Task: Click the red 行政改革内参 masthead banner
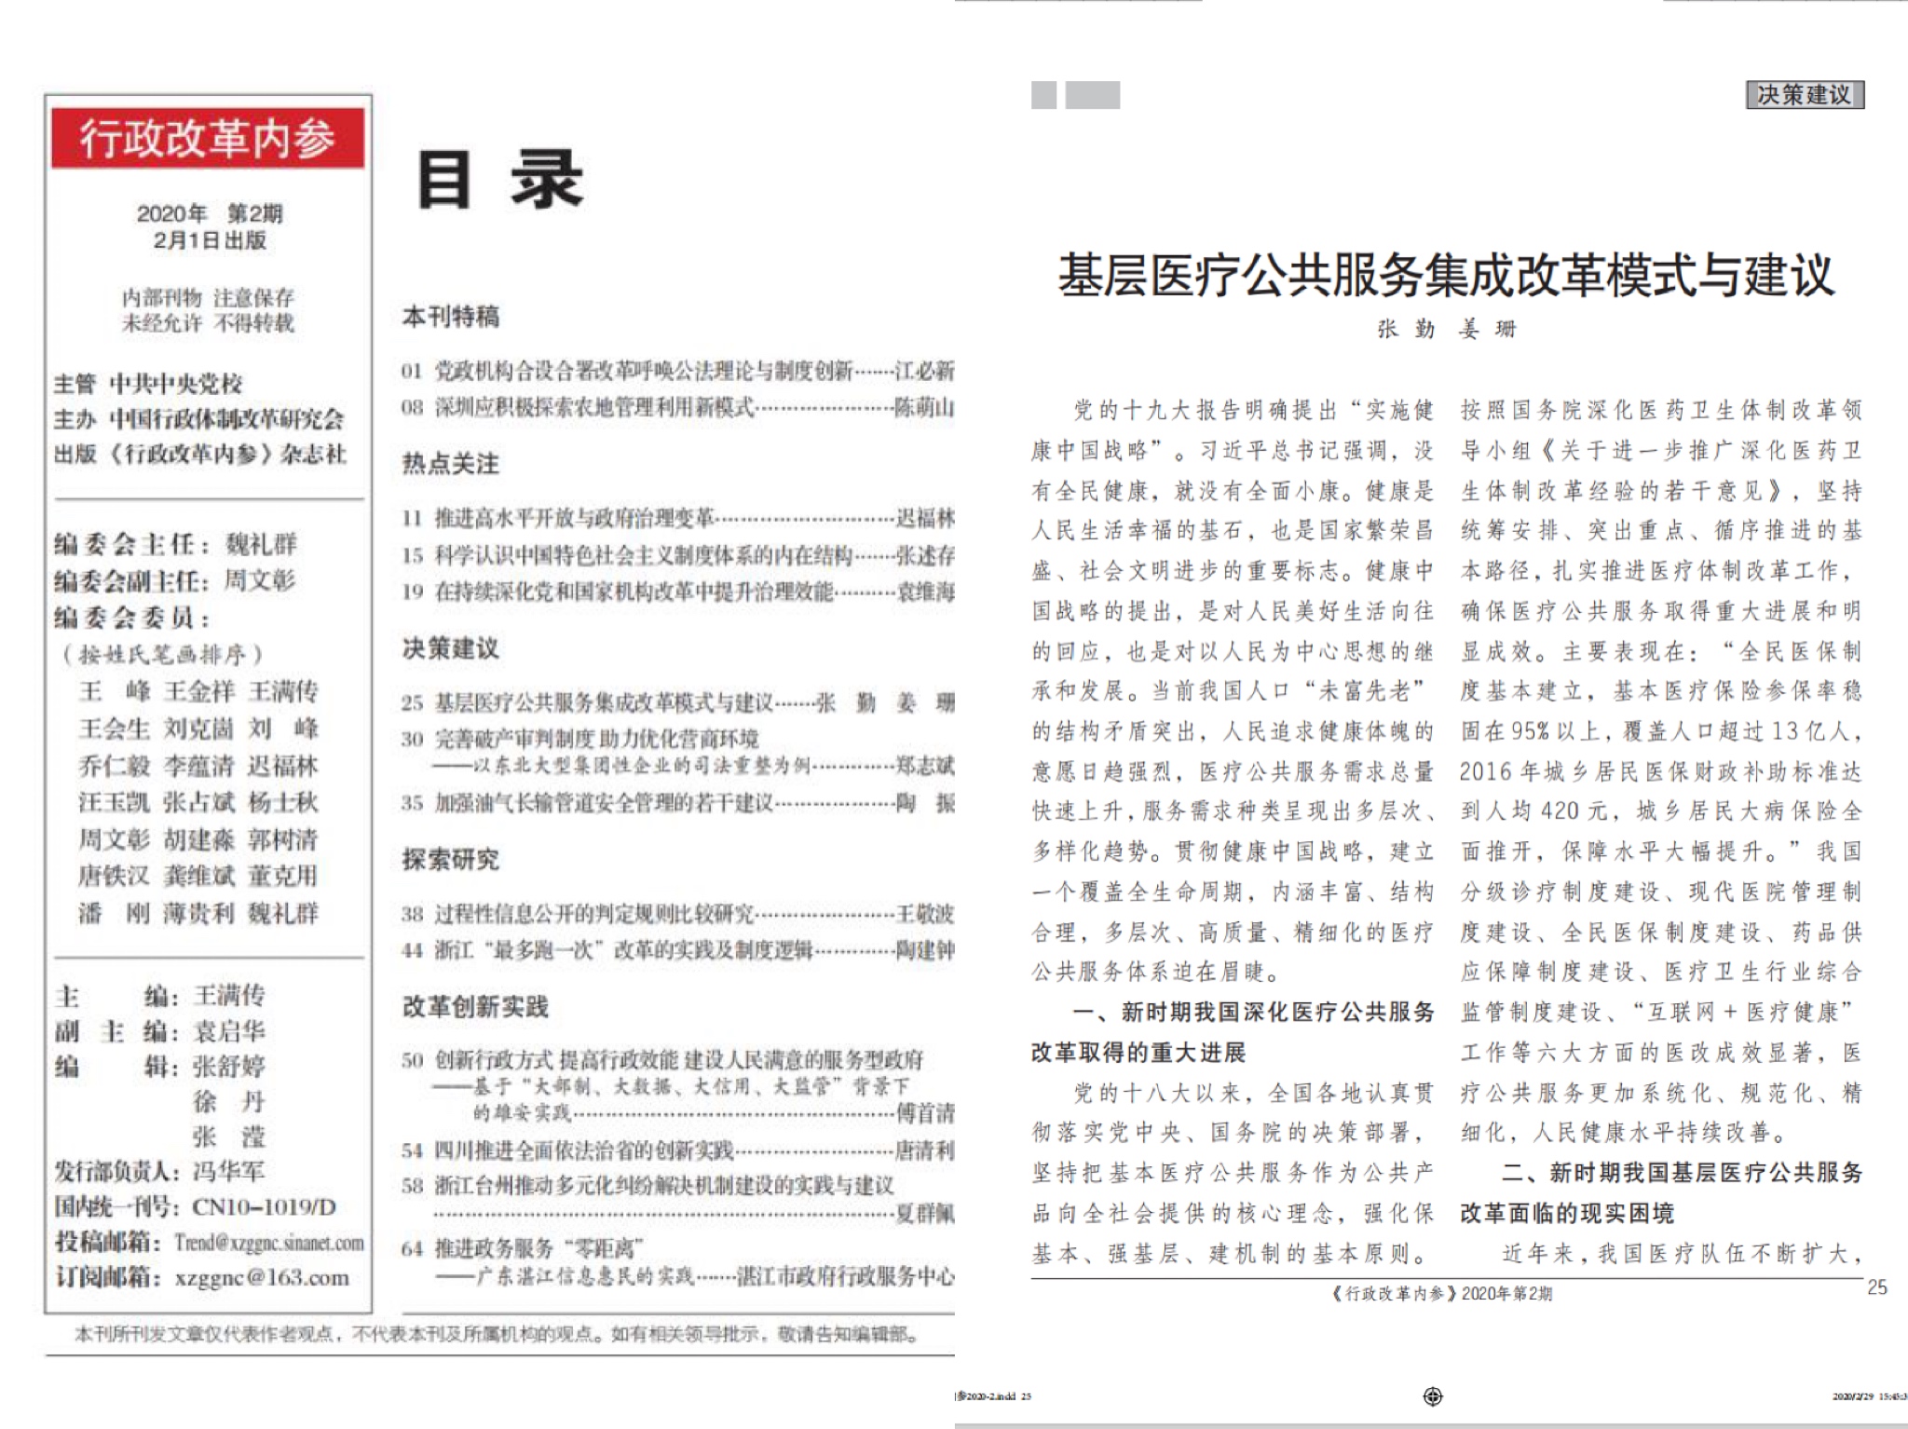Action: tap(207, 138)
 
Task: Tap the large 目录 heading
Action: tap(499, 180)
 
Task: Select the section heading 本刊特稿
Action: tap(451, 317)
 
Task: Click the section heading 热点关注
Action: tap(451, 463)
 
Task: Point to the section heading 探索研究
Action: tap(451, 859)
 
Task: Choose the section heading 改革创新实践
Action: tap(475, 1006)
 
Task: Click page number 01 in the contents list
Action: tap(412, 371)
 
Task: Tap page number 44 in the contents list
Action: tap(412, 950)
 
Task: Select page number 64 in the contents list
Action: tap(412, 1248)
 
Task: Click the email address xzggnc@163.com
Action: tap(262, 1277)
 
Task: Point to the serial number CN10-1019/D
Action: tap(264, 1207)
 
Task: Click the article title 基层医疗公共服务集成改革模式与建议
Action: tap(1446, 276)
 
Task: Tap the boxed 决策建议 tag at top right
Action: tap(1805, 95)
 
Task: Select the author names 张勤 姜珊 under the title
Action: tap(1447, 329)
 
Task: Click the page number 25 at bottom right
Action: tap(1877, 1287)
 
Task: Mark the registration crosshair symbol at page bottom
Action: tap(1433, 1395)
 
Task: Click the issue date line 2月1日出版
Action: tap(210, 240)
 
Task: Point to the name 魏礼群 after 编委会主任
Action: tap(261, 544)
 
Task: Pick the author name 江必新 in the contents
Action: tap(924, 371)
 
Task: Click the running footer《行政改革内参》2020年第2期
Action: tap(1442, 1293)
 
